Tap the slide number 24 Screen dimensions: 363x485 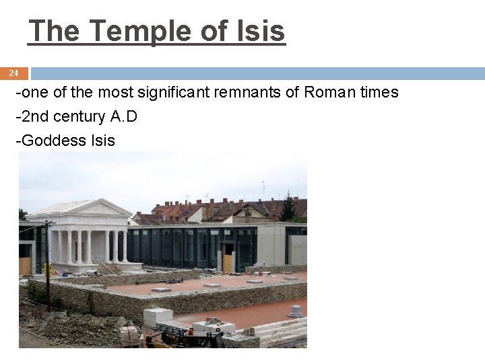(x=14, y=73)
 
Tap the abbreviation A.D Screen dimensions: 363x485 (x=123, y=116)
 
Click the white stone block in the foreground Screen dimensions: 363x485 (x=158, y=317)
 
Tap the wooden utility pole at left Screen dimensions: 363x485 (x=46, y=262)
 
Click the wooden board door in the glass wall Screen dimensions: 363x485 (x=226, y=263)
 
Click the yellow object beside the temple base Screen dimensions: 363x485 (x=47, y=270)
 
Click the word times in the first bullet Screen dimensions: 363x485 (x=379, y=92)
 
